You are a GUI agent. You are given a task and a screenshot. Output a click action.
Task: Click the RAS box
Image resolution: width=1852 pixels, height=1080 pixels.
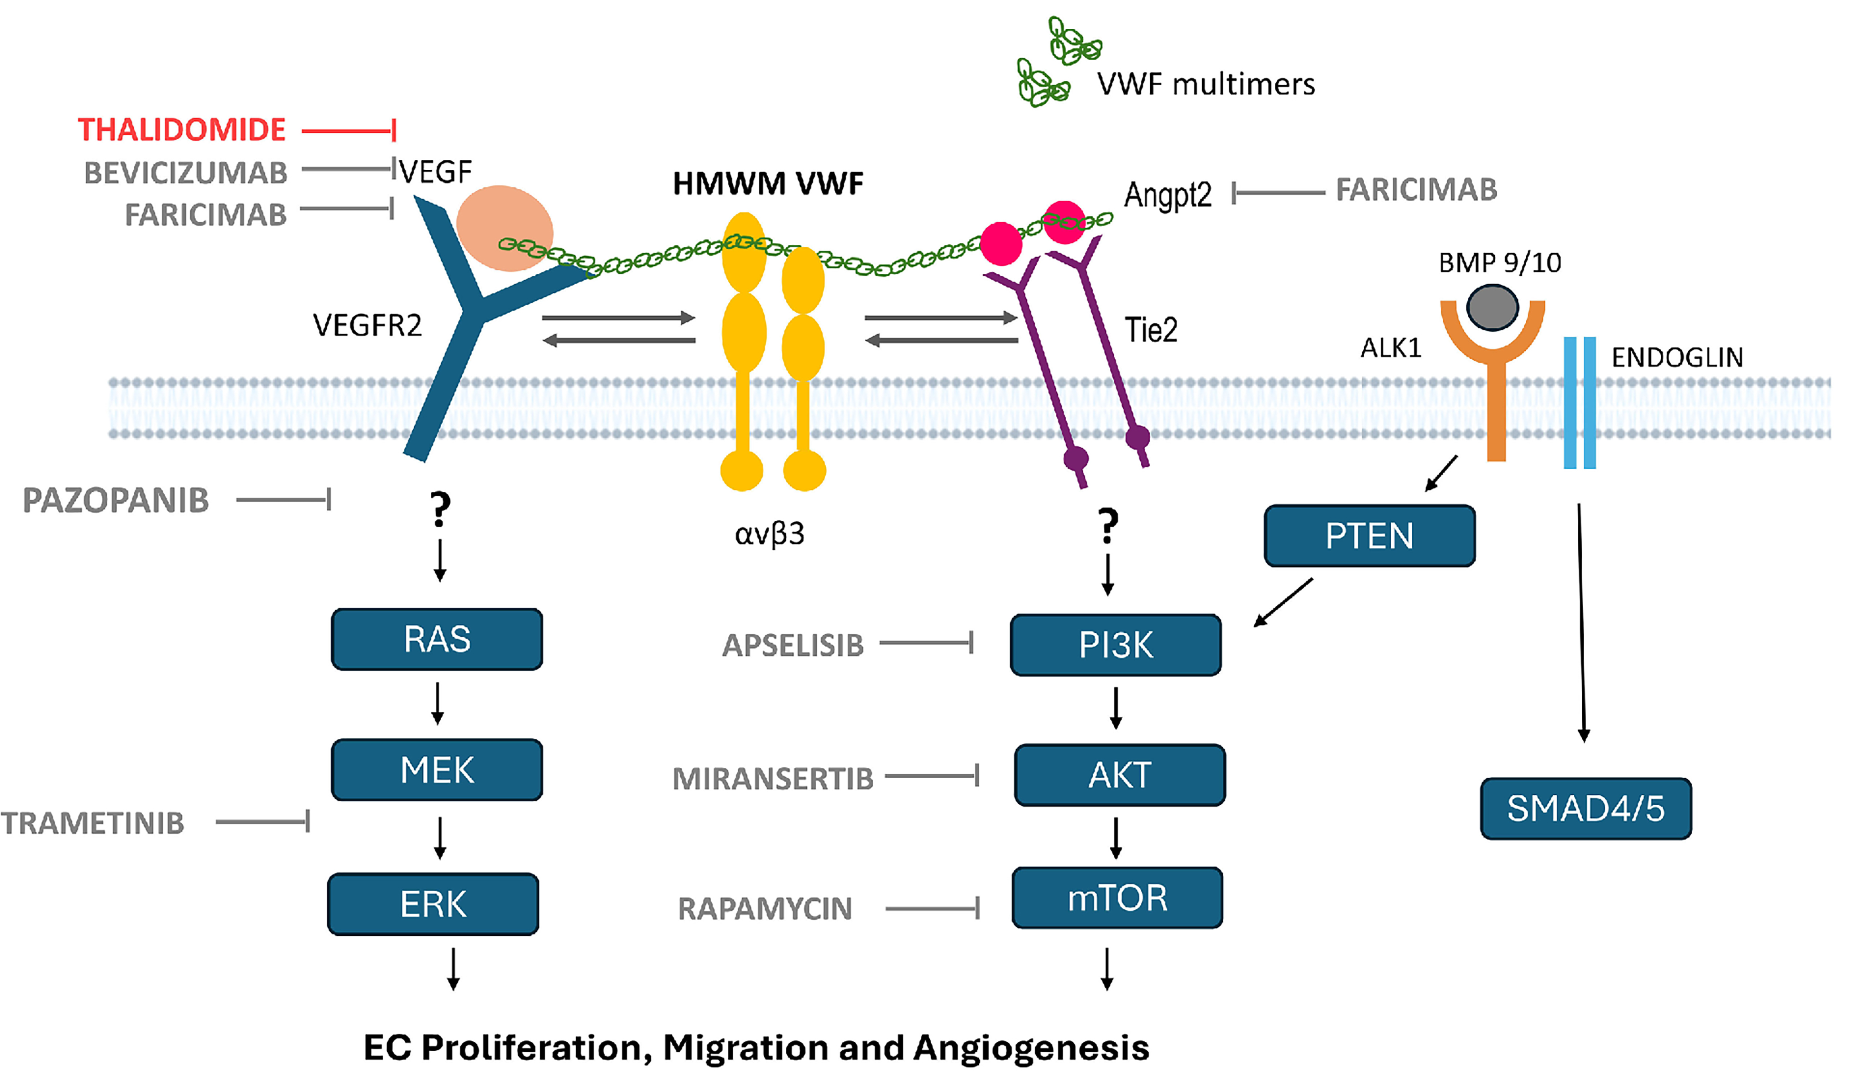[437, 639]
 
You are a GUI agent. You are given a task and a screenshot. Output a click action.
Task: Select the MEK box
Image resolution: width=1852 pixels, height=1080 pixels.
[437, 770]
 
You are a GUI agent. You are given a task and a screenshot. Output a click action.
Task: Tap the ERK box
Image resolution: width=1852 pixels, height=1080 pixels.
[433, 904]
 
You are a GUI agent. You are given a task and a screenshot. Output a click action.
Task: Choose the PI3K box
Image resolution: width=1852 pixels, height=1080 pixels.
[1116, 645]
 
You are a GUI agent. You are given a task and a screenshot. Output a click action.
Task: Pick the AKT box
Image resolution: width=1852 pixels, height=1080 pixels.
[1119, 775]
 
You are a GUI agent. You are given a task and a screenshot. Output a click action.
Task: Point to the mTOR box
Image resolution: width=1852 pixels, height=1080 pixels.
[1117, 898]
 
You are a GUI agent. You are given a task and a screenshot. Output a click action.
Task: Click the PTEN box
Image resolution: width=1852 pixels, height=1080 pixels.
[1369, 535]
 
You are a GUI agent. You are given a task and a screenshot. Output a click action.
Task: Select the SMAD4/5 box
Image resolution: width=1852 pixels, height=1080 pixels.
[1586, 808]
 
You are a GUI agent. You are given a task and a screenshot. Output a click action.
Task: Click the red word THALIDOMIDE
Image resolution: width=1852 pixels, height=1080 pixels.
[182, 130]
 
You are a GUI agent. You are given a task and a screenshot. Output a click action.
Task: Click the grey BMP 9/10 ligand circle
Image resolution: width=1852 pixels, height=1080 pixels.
[1492, 307]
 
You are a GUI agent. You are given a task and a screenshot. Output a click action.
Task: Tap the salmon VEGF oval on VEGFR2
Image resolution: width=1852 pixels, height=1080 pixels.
[504, 226]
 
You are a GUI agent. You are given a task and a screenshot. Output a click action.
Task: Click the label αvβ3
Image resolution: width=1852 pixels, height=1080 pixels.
[770, 534]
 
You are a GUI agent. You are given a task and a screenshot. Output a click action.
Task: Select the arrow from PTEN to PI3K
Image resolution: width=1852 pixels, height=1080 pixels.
[1283, 603]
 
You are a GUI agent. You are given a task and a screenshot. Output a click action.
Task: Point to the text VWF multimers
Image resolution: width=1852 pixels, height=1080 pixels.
[1205, 84]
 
